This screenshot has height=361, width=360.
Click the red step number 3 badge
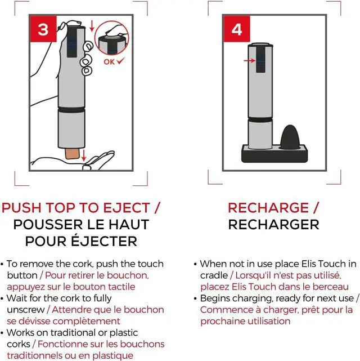click(43, 29)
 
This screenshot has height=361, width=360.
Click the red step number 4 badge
click(237, 29)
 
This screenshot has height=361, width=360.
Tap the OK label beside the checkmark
click(109, 62)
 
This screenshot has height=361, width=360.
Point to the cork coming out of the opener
click(72, 153)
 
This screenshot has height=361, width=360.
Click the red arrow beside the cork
click(84, 155)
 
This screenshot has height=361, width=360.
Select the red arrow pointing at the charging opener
click(249, 61)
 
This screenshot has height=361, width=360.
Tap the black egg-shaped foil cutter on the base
click(290, 137)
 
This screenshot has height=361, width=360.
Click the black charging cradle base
click(274, 154)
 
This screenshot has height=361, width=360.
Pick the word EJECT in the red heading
click(127, 208)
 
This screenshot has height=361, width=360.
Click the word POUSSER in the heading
click(48, 225)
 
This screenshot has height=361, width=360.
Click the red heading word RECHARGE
click(268, 208)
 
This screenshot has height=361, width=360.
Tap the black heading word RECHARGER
click(273, 225)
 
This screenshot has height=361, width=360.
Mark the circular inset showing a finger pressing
click(112, 38)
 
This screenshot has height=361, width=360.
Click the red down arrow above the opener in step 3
click(92, 26)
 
